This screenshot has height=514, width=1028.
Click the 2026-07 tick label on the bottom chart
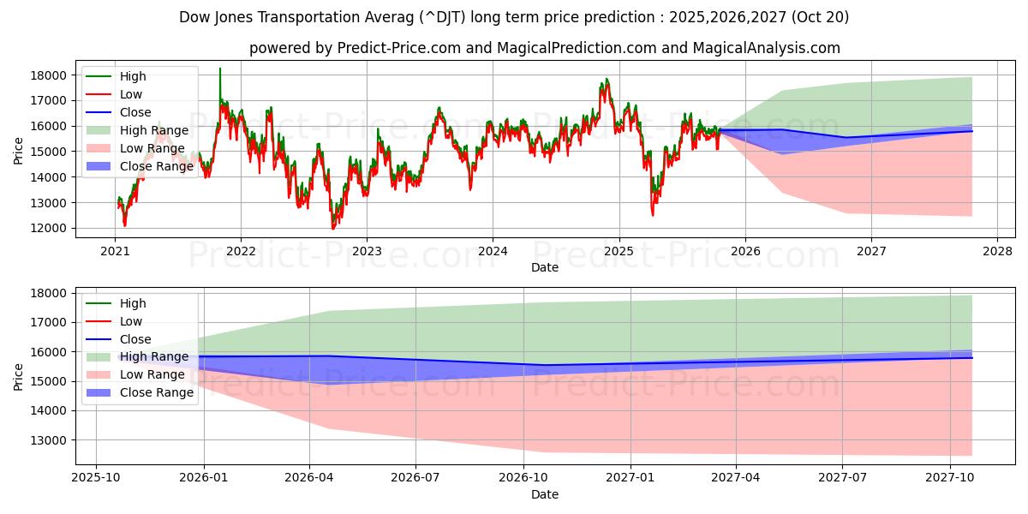(x=415, y=477)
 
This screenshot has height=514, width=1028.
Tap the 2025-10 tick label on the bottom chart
(x=96, y=477)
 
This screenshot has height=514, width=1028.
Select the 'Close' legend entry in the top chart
(x=135, y=112)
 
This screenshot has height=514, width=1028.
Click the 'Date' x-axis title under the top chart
(x=545, y=267)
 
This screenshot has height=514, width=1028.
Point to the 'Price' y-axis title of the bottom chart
(x=19, y=375)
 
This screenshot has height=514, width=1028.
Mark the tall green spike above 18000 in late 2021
(x=220, y=70)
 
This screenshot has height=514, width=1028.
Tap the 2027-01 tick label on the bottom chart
(x=631, y=477)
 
